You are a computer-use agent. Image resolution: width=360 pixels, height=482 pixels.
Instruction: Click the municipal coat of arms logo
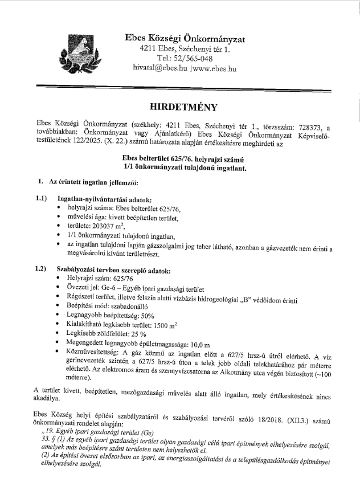76,50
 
